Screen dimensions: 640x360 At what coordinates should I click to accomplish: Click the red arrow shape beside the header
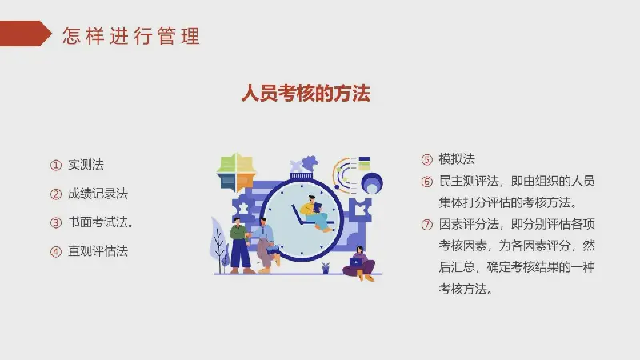coord(26,34)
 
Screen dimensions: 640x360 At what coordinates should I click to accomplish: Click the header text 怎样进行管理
coord(131,36)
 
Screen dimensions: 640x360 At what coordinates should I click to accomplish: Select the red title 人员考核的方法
coord(306,93)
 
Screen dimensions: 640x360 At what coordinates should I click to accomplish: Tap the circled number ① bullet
coord(55,165)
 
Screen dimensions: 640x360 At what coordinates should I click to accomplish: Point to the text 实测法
coord(86,165)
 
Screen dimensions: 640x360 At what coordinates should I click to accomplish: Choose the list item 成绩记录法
coord(98,194)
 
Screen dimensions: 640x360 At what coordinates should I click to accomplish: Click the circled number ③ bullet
coord(55,223)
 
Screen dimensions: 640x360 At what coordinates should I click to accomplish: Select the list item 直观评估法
coord(98,251)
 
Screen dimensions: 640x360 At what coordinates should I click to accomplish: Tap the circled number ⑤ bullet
coord(426,159)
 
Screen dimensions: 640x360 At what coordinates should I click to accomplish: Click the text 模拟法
coord(457,158)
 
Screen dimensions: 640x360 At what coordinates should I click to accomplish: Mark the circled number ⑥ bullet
coord(426,182)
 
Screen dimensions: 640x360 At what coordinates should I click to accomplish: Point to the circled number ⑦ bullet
coord(426,225)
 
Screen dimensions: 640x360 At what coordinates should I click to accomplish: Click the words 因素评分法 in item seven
coord(469,224)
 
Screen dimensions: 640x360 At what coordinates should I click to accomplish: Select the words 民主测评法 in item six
coord(469,181)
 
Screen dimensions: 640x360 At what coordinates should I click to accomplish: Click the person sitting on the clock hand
coord(315,214)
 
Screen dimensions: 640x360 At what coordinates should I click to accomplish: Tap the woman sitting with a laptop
coord(359,263)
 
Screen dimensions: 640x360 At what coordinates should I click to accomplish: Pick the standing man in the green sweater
coord(239,246)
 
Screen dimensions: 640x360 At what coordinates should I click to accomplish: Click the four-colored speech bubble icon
coord(236,172)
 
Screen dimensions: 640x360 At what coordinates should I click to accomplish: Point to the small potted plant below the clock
coord(326,268)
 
